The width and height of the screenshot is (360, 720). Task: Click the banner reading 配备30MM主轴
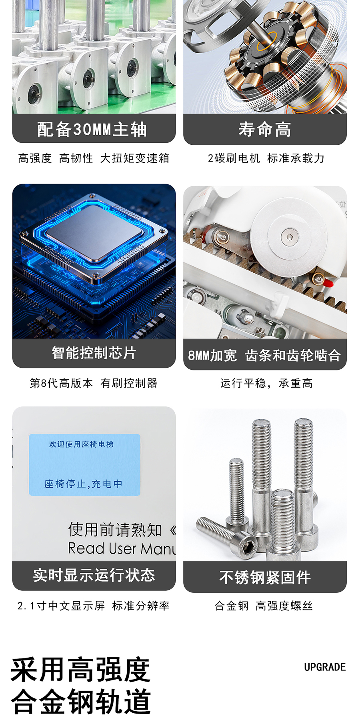[x=94, y=128]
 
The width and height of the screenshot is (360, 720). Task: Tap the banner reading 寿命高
[x=265, y=129]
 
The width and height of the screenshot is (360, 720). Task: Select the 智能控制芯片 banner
[x=94, y=353]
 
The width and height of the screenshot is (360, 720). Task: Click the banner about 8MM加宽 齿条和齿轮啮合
[x=265, y=355]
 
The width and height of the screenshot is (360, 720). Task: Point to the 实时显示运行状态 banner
[x=94, y=576]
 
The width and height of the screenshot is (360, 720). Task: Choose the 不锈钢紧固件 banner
[x=265, y=577]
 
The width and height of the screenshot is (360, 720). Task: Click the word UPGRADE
[x=325, y=667]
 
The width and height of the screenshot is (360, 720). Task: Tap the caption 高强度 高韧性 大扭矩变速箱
[x=94, y=158]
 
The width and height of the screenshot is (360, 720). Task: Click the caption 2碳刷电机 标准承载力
[x=266, y=158]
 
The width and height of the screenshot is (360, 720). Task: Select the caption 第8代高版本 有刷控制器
[x=94, y=383]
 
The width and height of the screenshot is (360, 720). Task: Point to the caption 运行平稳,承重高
[x=266, y=383]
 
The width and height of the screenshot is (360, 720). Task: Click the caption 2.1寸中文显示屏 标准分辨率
[x=94, y=606]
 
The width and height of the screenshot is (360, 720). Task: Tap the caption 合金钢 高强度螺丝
[x=264, y=606]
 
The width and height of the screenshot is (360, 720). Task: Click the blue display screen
[x=85, y=465]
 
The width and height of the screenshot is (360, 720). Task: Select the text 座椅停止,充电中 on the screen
[x=84, y=484]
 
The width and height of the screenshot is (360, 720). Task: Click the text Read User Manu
[x=122, y=548]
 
